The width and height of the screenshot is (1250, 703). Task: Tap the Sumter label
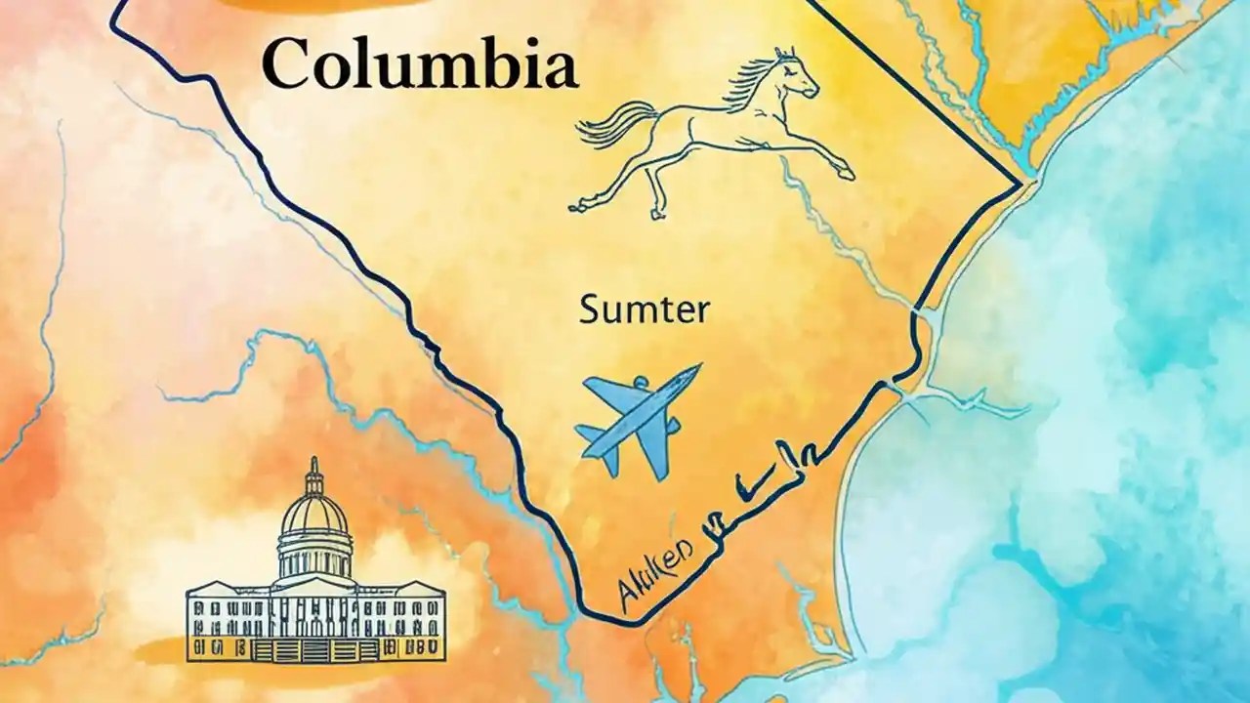click(x=645, y=310)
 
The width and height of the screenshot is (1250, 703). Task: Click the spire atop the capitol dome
click(x=313, y=467)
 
